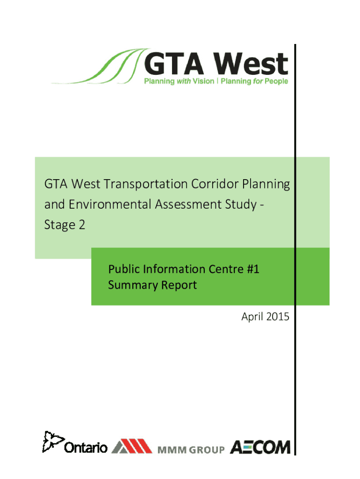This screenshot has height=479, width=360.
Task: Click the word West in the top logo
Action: pyautogui.click(x=250, y=64)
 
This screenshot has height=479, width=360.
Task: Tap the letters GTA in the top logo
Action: pyautogui.click(x=174, y=64)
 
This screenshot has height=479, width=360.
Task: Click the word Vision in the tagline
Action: pyautogui.click(x=203, y=81)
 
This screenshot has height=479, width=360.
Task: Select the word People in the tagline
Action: pyautogui.click(x=276, y=81)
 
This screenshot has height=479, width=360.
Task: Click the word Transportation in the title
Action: pyautogui.click(x=146, y=184)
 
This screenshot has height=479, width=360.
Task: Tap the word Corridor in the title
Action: pyautogui.click(x=215, y=184)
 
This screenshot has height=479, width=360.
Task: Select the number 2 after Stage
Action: pyautogui.click(x=82, y=225)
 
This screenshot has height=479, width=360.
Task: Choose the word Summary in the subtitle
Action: pyautogui.click(x=133, y=285)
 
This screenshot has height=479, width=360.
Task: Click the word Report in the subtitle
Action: pyautogui.click(x=179, y=285)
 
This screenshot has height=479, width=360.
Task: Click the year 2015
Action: pyautogui.click(x=277, y=317)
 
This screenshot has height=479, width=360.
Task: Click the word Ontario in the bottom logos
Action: pyautogui.click(x=86, y=448)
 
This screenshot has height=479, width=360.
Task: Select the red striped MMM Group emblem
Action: pyautogui.click(x=132, y=446)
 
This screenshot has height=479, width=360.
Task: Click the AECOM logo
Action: pyautogui.click(x=260, y=448)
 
